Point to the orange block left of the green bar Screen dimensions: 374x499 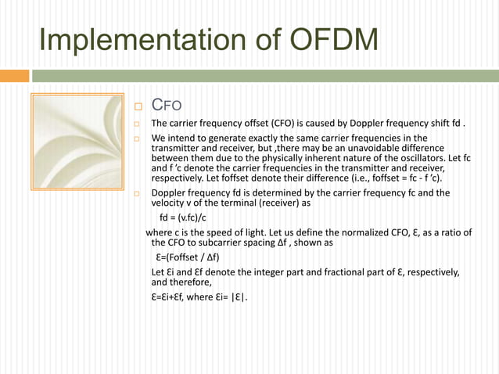[x=14, y=76]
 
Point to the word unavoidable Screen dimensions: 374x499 [x=366, y=149]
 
